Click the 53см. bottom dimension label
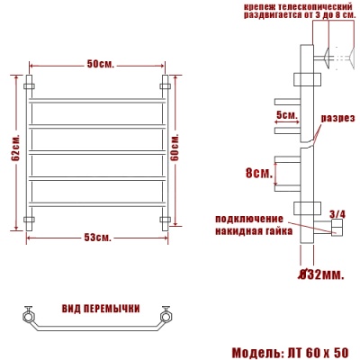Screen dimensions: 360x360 pyautogui.click(x=99, y=237)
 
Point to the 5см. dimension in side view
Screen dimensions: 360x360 pyautogui.click(x=286, y=115)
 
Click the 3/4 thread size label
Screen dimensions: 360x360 pyautogui.click(x=337, y=213)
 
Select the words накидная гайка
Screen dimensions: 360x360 pyautogui.click(x=252, y=229)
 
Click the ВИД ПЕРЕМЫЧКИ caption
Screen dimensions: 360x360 pyautogui.click(x=98, y=308)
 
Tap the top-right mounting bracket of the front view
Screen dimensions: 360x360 pyautogui.click(x=166, y=86)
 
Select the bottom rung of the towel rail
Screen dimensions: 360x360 pyautogui.click(x=98, y=204)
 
